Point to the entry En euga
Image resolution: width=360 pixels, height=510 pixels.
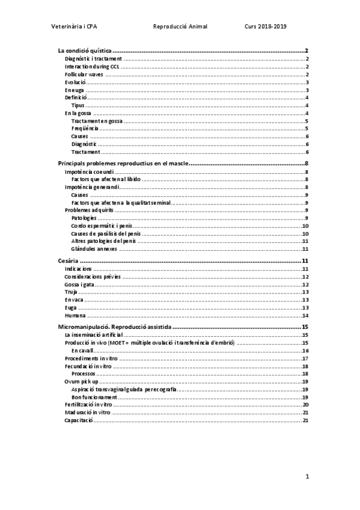pyautogui.click(x=75, y=90)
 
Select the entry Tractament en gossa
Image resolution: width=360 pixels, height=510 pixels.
pyautogui.click(x=96, y=121)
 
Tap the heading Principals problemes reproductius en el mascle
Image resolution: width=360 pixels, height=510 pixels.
pyautogui.click(x=123, y=163)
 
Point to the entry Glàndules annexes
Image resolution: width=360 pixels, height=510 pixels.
pyautogui.click(x=94, y=249)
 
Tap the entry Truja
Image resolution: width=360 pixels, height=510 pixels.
pyautogui.click(x=72, y=292)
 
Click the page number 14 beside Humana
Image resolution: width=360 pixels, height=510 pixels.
pyautogui.click(x=305, y=315)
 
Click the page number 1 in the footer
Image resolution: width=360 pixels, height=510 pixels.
pyautogui.click(x=307, y=476)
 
